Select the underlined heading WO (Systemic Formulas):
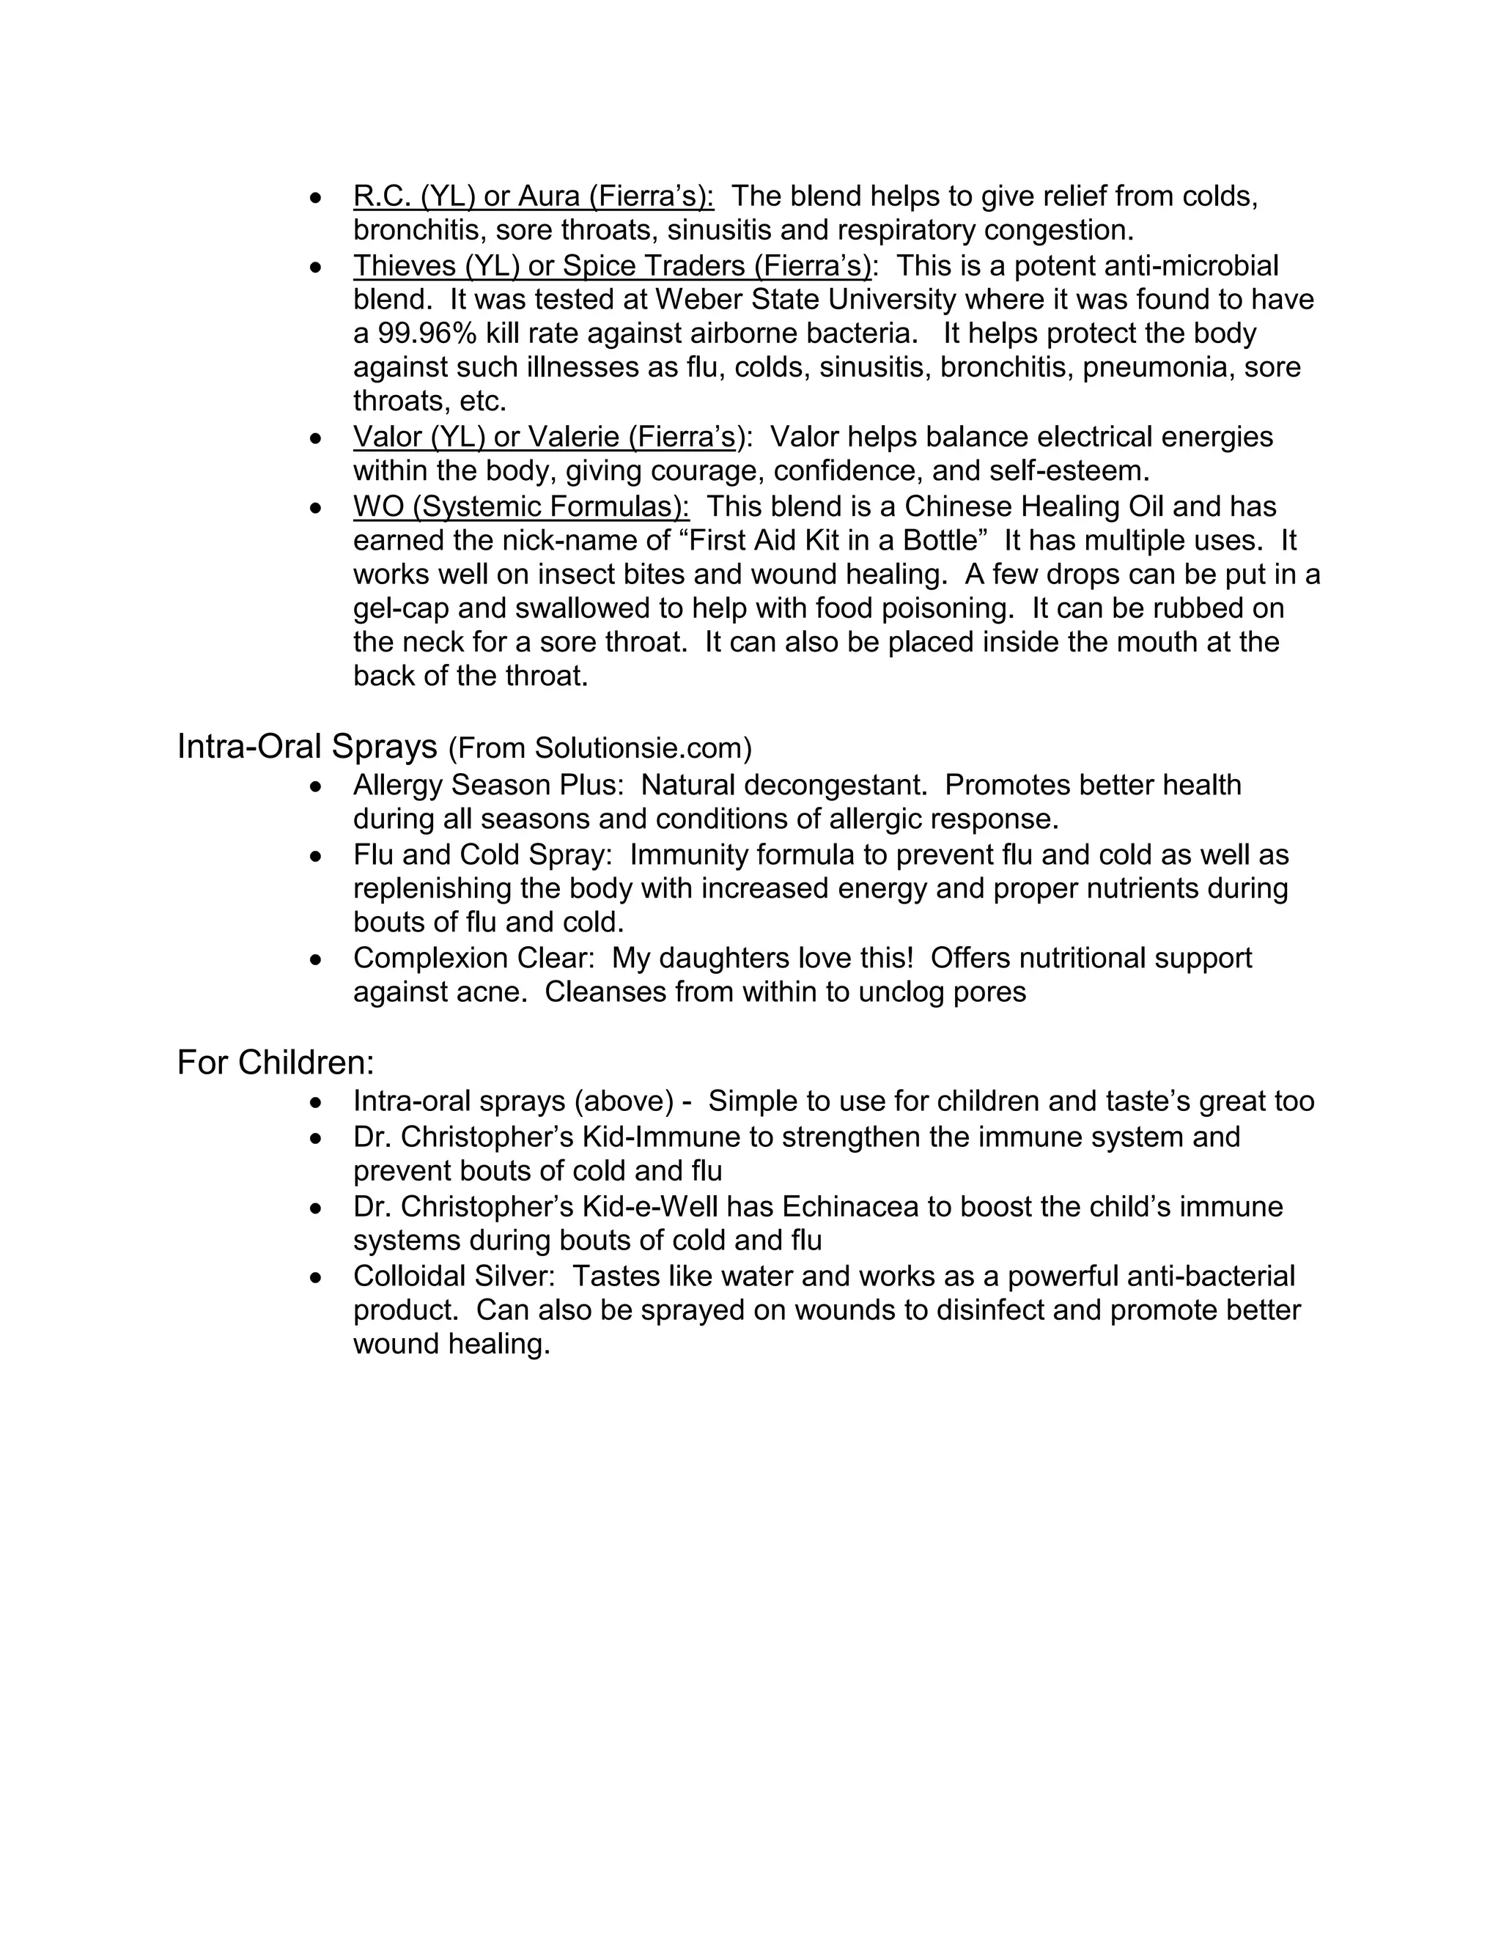(x=521, y=507)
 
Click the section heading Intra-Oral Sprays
(x=307, y=746)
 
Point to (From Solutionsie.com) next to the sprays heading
(x=600, y=749)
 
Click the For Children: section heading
(x=276, y=1063)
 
